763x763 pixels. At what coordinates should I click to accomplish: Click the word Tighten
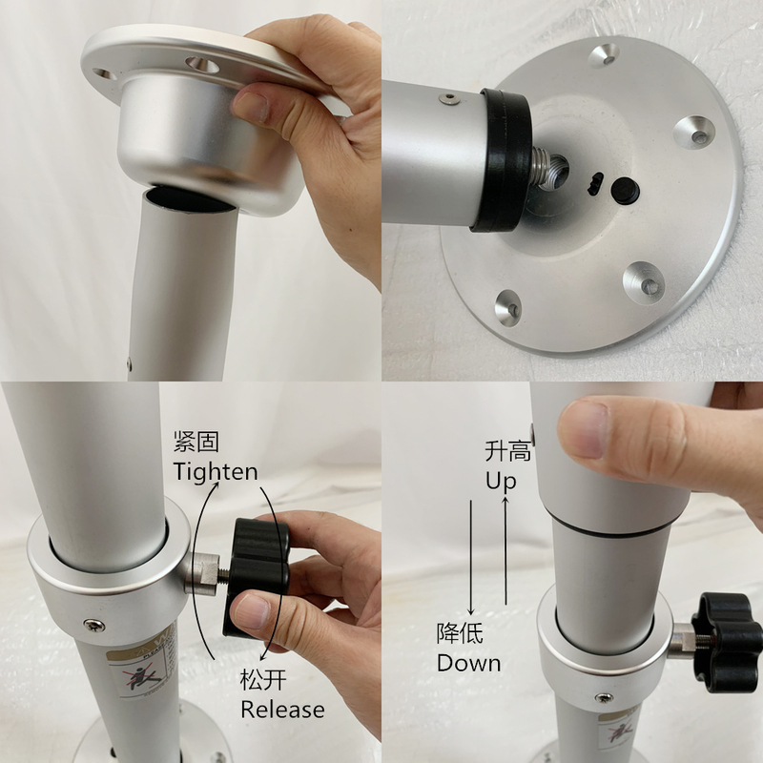215,471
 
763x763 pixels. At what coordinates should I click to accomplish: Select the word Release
281,710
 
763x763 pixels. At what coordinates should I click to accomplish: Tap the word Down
468,662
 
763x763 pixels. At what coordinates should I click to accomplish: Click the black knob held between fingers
256,572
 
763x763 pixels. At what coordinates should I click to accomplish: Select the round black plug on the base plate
624,190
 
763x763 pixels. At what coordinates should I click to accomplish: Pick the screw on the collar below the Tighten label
93,625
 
